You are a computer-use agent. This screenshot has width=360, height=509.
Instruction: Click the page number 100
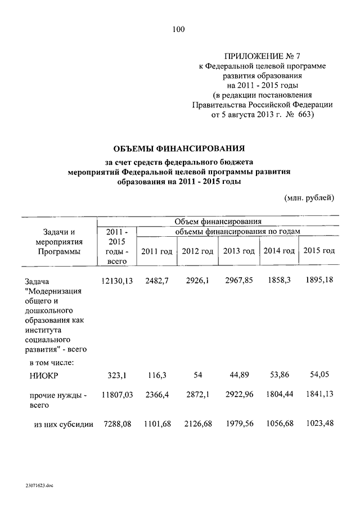(x=179, y=30)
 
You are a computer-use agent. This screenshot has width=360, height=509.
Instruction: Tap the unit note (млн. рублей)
(x=309, y=197)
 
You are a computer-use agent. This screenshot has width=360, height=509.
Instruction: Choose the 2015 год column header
(x=319, y=250)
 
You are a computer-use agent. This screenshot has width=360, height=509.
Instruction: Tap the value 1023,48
(x=319, y=424)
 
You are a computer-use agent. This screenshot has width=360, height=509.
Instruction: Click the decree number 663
(x=304, y=115)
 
